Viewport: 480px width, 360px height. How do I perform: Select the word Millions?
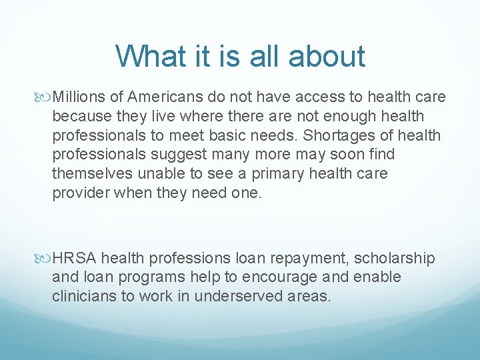[81, 97]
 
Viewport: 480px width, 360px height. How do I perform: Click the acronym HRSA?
[75, 258]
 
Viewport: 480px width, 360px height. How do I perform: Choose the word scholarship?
[395, 258]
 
